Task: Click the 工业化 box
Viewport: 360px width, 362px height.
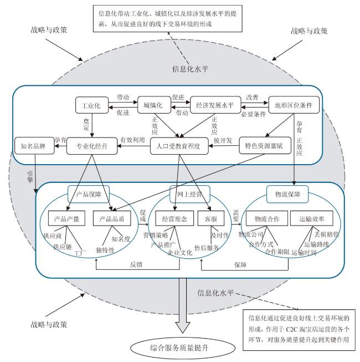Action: point(92,105)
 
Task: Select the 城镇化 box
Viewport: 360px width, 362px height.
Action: point(154,105)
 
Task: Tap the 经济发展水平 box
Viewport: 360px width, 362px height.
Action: point(215,105)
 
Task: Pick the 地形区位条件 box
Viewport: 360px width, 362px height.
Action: point(294,105)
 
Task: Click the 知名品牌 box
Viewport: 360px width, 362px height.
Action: point(34,146)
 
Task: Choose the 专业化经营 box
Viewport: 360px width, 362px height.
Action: point(92,146)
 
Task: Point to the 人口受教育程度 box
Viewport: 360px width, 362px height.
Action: point(179,146)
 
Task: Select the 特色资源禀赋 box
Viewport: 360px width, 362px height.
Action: point(265,146)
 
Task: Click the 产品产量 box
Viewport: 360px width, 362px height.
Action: point(66,218)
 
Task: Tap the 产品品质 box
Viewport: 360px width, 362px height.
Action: point(112,218)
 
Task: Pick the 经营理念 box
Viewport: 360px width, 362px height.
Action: point(174,218)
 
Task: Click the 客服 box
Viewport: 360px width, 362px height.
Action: point(211,218)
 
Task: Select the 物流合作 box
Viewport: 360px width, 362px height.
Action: point(267,218)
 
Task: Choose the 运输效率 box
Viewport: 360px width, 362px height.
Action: point(312,218)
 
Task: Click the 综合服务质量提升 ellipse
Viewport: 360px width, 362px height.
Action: point(183,348)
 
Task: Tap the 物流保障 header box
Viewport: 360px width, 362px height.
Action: point(287,194)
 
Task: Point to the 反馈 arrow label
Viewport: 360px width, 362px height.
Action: point(136,264)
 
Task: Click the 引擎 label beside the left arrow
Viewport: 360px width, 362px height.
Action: point(30,177)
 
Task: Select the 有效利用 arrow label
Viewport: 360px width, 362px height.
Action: point(132,140)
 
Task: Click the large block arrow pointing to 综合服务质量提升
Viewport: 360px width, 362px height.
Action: point(183,305)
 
